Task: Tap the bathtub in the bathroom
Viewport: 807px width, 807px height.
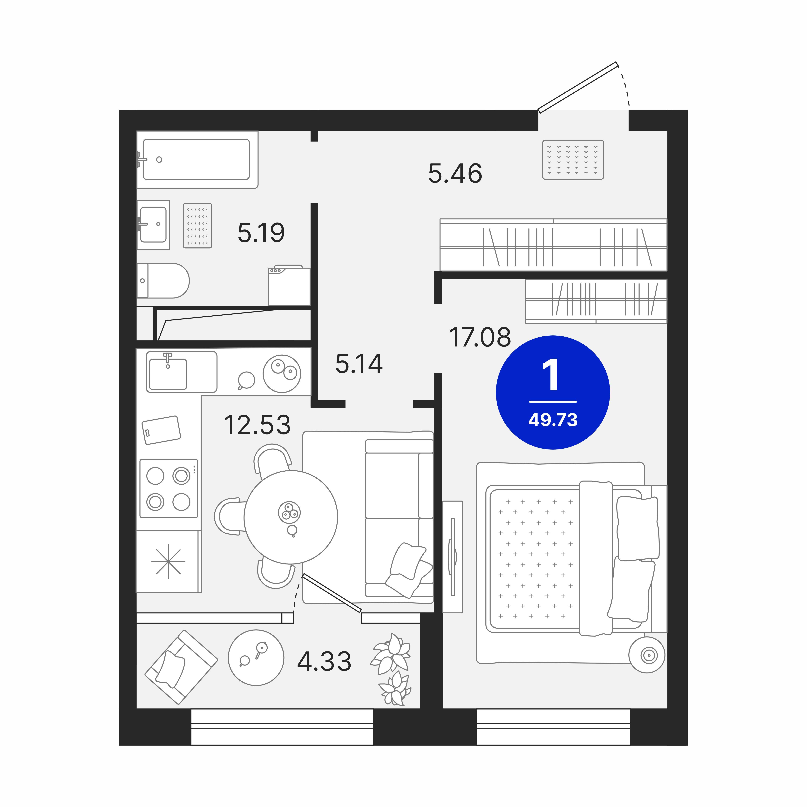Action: point(196,160)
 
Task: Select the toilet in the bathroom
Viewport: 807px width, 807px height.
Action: point(163,281)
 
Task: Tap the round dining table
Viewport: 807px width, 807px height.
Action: point(291,517)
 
